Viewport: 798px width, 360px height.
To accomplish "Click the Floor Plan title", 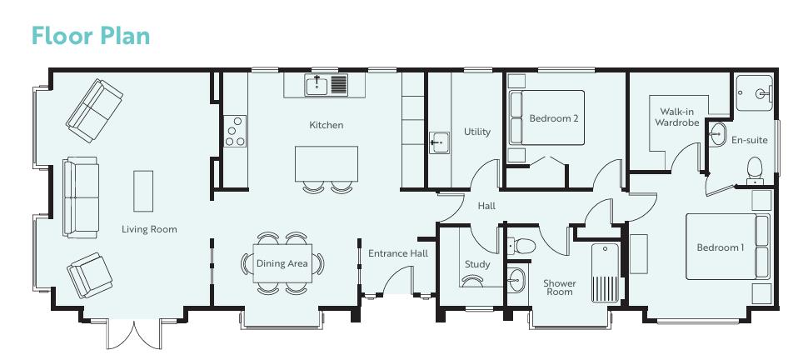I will pos(90,36).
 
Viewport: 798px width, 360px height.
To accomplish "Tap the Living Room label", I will pos(149,229).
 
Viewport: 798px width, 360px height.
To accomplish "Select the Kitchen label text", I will pos(326,125).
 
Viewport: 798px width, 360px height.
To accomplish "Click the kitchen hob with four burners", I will pos(235,132).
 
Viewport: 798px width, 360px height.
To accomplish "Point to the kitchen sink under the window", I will pos(317,84).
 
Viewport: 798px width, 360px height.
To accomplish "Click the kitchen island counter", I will pos(327,163).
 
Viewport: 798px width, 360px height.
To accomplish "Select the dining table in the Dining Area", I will pos(282,264).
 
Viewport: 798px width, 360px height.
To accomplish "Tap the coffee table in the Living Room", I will pos(143,191).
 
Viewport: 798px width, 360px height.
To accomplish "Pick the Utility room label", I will pos(477,132).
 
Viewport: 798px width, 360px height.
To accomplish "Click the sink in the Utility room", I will pos(440,143).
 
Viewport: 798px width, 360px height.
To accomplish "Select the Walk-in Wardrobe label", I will pos(676,117).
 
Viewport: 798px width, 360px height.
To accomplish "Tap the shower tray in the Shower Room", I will pos(604,272).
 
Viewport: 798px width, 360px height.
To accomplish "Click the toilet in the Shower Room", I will pos(522,246).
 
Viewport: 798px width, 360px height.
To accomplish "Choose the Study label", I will pos(477,264).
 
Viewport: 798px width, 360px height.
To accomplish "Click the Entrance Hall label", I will pos(398,253).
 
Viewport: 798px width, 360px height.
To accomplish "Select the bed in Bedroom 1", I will pos(721,247).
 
